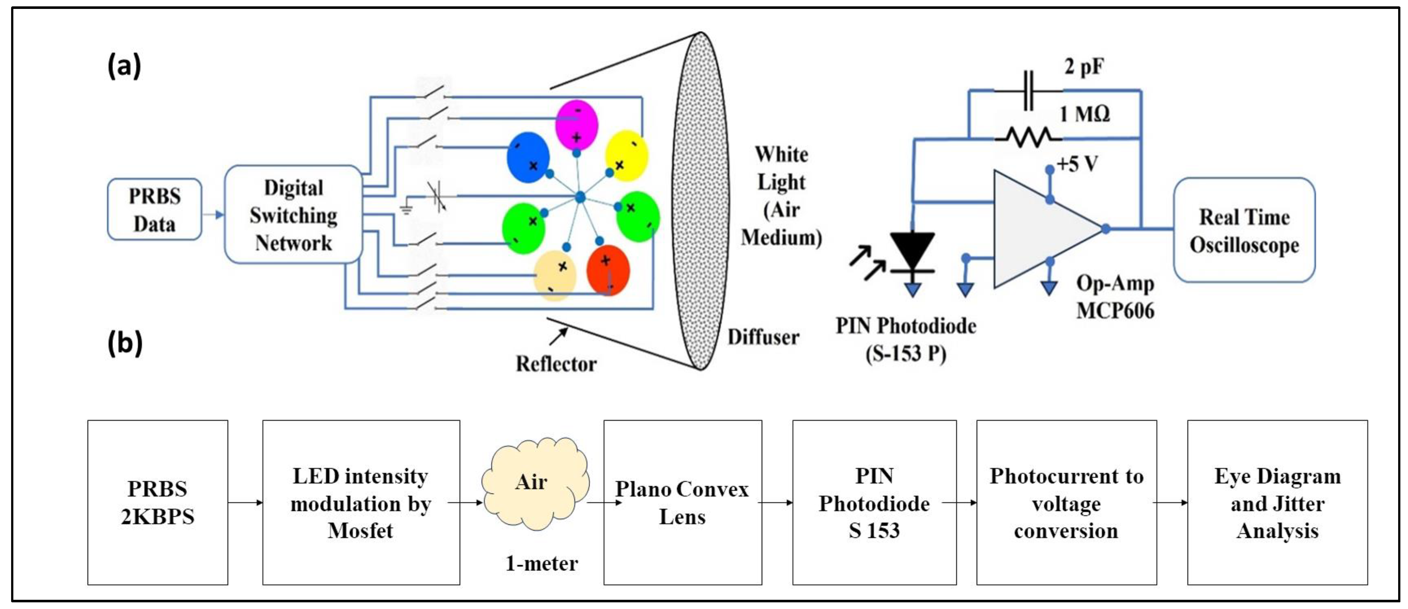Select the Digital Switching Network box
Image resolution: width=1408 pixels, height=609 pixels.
293,215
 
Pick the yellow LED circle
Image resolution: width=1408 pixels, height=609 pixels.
627,156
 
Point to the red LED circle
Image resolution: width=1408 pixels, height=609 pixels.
608,270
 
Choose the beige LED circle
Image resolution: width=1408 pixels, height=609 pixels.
555,276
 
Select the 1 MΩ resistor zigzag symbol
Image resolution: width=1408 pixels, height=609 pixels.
1028,137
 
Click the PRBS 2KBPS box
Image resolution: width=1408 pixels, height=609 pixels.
158,502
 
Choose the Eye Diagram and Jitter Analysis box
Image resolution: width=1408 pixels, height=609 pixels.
1278,502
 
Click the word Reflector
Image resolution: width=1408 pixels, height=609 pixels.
556,364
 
